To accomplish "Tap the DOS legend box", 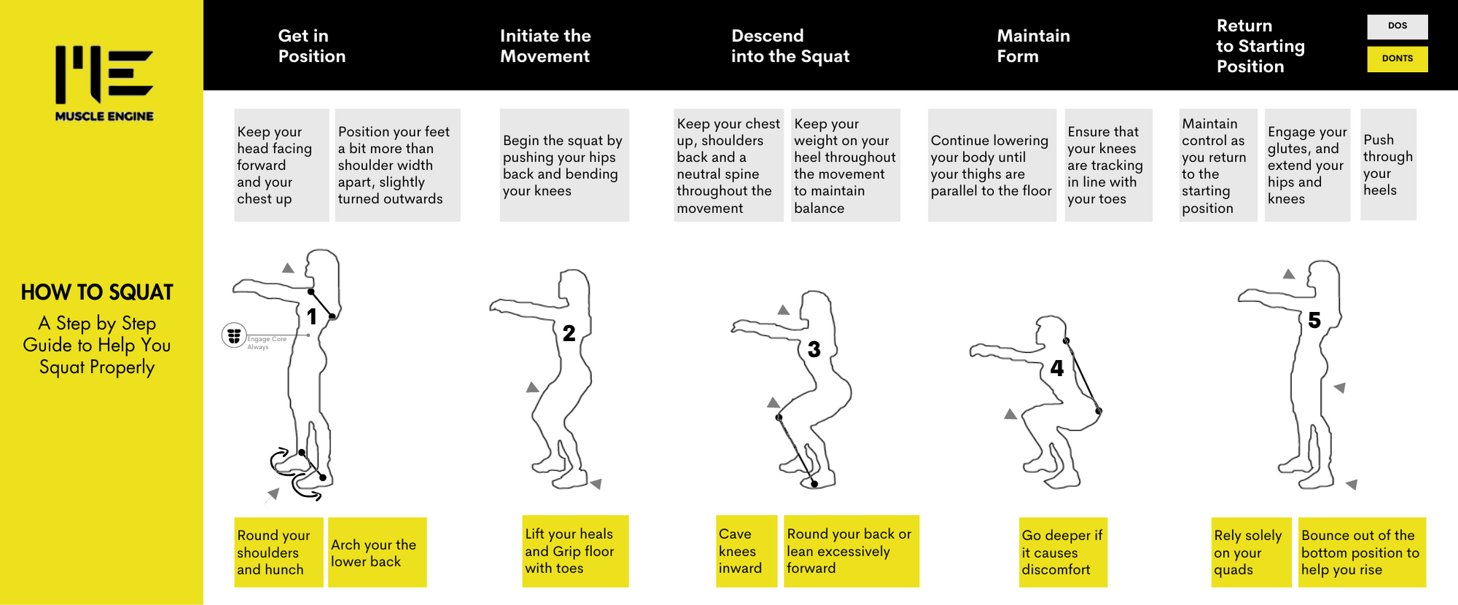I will (x=1397, y=26).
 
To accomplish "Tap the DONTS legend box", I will (x=1397, y=58).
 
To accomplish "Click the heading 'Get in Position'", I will (x=311, y=46).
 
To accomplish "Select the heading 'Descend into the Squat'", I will (x=790, y=46).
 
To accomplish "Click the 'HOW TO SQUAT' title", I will (x=97, y=292).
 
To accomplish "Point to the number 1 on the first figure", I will (x=312, y=316).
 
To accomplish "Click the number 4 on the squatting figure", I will (x=1056, y=368).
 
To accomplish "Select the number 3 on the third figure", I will (x=814, y=350).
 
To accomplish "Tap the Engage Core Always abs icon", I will (x=234, y=335).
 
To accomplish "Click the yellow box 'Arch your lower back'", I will (x=376, y=553).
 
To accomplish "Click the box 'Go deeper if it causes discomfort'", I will (x=1062, y=553).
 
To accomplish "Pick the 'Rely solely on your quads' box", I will (x=1250, y=553).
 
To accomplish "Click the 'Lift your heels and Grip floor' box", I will (x=575, y=551).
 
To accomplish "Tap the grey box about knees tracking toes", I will (x=1107, y=165).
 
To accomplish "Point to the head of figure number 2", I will (x=574, y=286).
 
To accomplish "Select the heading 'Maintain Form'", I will (x=1033, y=46).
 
